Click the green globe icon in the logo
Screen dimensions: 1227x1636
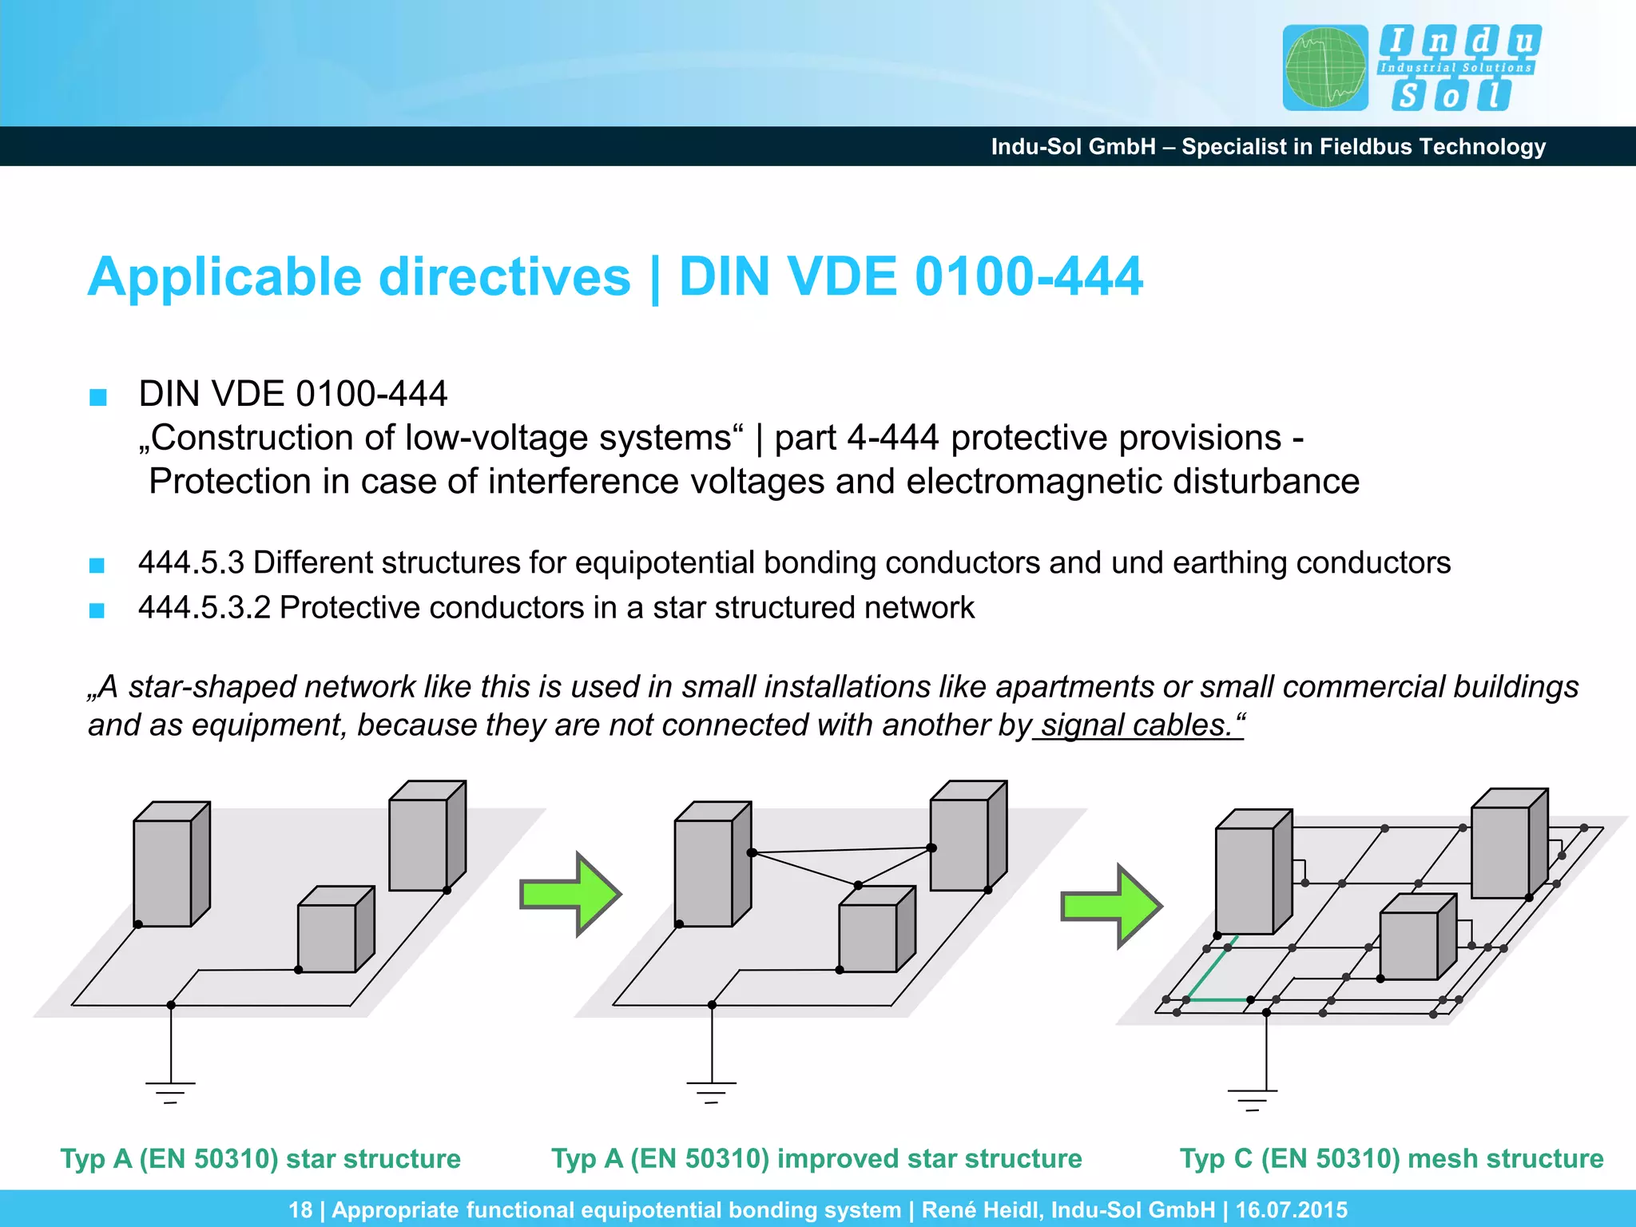point(1325,68)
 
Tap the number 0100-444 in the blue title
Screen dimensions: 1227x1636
point(1029,277)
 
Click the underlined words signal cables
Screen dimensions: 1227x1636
point(1138,725)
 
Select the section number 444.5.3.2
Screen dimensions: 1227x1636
point(204,608)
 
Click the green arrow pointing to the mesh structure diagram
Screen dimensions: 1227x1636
point(1110,906)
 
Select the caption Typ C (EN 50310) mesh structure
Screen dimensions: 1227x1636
point(1392,1158)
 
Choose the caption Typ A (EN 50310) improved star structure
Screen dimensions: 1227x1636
point(816,1158)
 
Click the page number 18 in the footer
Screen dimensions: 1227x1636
point(300,1209)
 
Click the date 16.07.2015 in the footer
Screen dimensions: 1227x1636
point(1292,1209)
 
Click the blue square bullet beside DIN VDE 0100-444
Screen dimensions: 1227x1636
point(98,397)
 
